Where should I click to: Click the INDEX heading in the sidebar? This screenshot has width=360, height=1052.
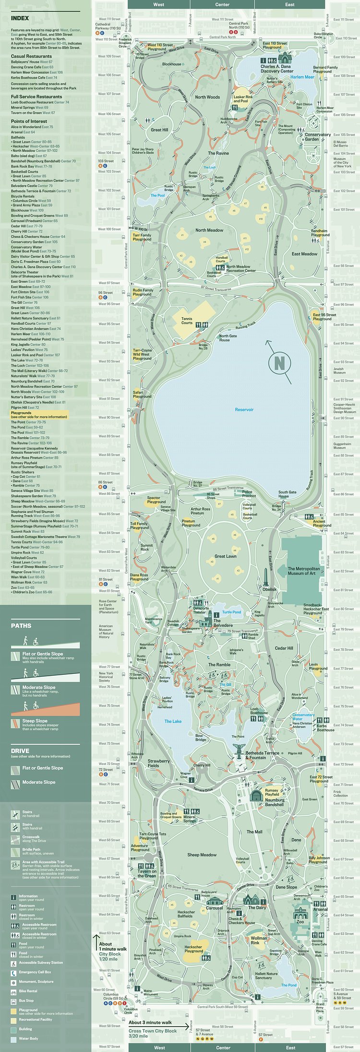click(x=20, y=18)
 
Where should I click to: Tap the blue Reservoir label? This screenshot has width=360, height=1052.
click(x=244, y=409)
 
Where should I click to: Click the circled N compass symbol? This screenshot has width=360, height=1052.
click(x=279, y=362)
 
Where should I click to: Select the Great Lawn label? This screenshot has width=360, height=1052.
click(x=225, y=556)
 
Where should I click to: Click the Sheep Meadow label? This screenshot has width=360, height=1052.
click(x=202, y=855)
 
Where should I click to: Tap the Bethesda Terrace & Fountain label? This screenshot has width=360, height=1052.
click(x=262, y=755)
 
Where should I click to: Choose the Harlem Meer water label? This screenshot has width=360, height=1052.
click(x=302, y=77)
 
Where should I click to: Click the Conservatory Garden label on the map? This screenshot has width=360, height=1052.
click(x=317, y=137)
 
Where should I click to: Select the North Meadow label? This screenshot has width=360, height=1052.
click(x=209, y=230)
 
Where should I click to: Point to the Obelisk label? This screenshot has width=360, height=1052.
click(x=269, y=589)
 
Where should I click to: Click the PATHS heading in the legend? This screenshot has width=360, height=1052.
click(x=21, y=626)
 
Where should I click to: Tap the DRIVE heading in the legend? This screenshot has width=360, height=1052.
click(x=20, y=751)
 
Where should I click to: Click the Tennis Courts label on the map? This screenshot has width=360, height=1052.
click(x=187, y=321)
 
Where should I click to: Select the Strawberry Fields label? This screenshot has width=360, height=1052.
click(x=158, y=763)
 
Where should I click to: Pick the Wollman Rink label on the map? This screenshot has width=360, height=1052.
click(x=259, y=940)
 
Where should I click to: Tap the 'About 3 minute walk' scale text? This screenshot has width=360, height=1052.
click(x=150, y=1023)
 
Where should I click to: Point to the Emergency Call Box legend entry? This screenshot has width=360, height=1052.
click(x=35, y=972)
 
